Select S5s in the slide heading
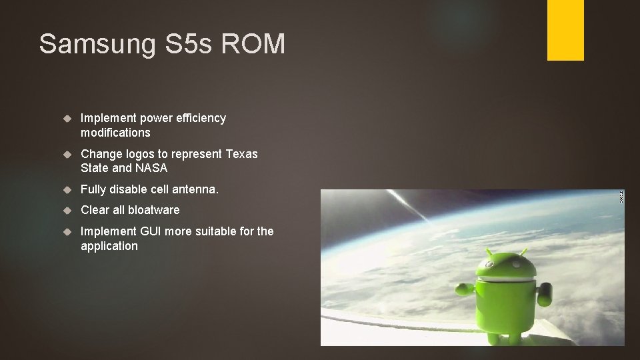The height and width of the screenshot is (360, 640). [180, 44]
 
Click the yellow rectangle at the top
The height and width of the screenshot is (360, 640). [565, 30]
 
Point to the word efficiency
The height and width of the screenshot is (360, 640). [199, 118]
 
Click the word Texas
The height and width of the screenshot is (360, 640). [241, 154]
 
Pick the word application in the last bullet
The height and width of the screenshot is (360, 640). [109, 246]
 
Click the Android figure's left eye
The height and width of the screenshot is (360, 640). [498, 270]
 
